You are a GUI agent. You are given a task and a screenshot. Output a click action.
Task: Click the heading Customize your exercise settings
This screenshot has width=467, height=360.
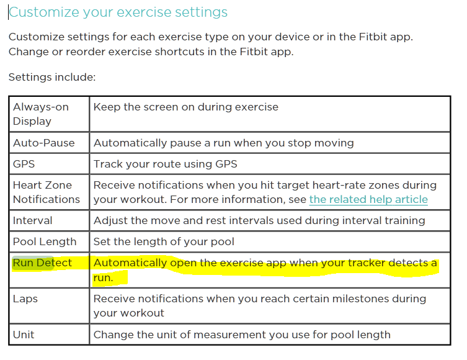click(118, 12)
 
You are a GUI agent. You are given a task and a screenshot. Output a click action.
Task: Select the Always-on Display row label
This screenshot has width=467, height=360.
click(41, 114)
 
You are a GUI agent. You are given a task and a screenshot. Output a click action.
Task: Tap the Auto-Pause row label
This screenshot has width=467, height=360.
click(44, 143)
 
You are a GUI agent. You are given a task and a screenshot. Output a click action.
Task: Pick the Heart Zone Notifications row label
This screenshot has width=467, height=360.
click(47, 192)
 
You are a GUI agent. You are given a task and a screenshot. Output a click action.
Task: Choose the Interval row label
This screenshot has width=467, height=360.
click(32, 220)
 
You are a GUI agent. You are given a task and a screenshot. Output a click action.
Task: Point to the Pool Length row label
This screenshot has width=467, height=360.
click(45, 241)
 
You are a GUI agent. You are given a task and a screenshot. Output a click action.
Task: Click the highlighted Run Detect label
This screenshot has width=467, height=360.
click(42, 263)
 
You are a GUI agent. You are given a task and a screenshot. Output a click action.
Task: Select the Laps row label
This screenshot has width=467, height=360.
click(25, 299)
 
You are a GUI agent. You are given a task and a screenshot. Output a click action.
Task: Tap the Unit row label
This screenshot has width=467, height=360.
click(24, 335)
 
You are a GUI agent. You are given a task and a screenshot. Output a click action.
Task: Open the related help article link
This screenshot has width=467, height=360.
click(368, 199)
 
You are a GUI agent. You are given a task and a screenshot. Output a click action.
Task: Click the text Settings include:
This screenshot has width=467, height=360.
click(52, 77)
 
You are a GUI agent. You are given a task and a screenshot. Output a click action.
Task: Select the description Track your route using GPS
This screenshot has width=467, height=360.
click(166, 164)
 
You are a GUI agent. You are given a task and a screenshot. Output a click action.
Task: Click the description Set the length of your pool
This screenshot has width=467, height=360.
click(164, 241)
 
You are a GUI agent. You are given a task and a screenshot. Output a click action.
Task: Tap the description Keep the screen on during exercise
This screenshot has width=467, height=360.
click(186, 107)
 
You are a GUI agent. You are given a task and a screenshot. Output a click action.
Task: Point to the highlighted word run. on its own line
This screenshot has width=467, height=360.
click(104, 277)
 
